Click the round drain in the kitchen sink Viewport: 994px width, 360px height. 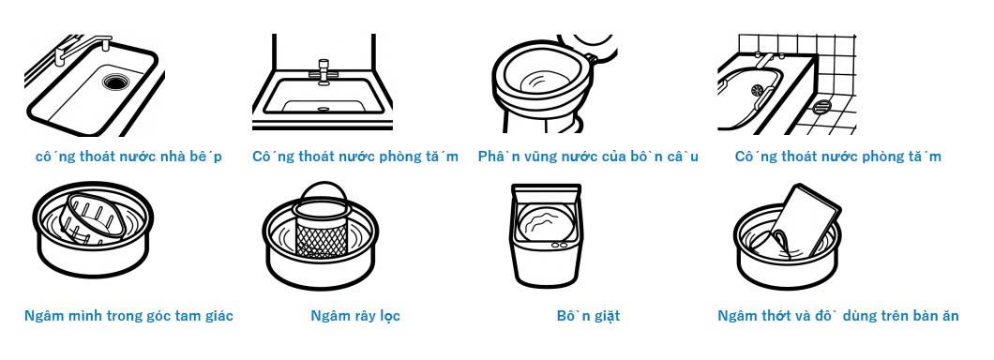coord(114,82)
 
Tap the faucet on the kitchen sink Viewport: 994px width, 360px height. coord(82,49)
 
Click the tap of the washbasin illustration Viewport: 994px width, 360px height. coord(324,69)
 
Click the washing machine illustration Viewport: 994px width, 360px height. coord(546,234)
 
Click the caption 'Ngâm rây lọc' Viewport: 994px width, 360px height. coord(355,316)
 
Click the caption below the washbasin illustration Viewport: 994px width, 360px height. coord(355,157)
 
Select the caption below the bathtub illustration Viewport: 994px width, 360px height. coord(838,157)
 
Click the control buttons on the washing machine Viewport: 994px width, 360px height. coord(559,245)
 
